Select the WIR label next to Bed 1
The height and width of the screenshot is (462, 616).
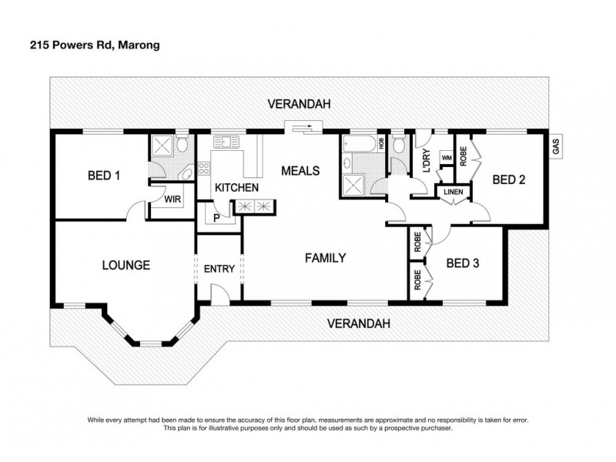[172, 199]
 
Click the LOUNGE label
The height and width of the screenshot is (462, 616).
[126, 266]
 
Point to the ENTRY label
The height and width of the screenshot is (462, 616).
[219, 269]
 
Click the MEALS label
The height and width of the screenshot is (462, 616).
[300, 170]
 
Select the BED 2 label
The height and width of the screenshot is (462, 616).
[508, 180]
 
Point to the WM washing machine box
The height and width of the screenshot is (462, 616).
[445, 157]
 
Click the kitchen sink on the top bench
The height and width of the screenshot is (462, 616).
[229, 142]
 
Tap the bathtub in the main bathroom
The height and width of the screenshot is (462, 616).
[358, 143]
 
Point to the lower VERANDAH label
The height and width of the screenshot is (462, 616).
[358, 323]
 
